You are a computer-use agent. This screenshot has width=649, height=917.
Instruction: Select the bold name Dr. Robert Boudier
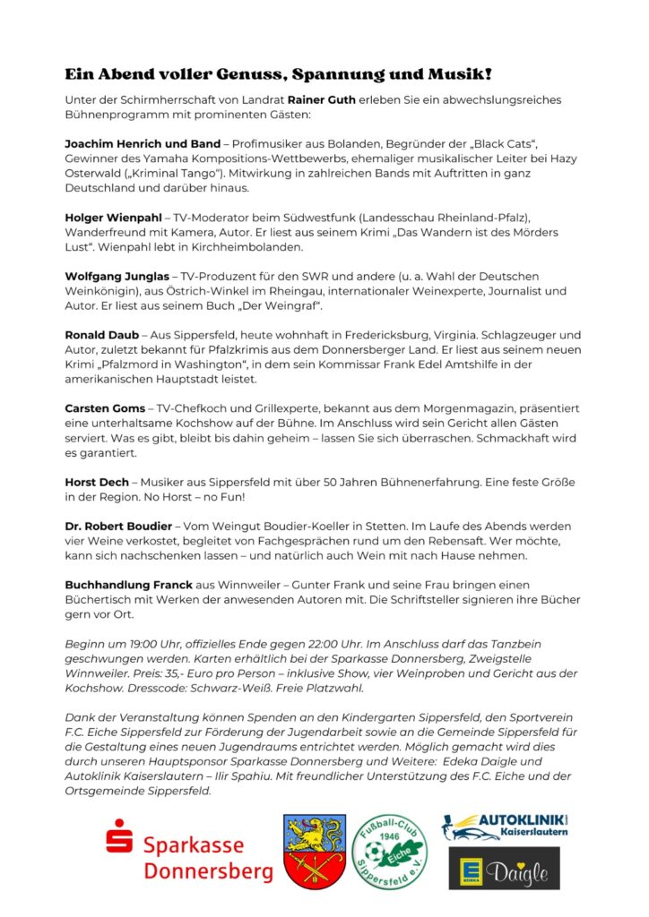pyautogui.click(x=122, y=526)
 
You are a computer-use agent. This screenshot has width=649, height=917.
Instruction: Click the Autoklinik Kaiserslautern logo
pyautogui.click(x=504, y=827)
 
